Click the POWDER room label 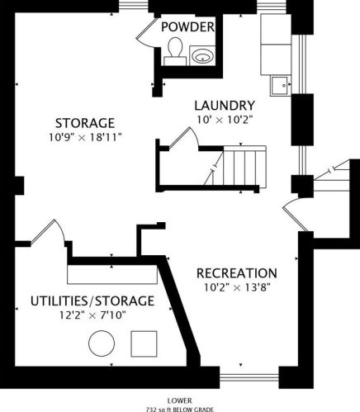coord(187,27)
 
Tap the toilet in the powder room coord(175,51)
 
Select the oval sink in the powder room coord(203,56)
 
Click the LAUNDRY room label coord(225,106)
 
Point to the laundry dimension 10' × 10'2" coord(225,120)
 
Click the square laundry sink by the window coord(281,86)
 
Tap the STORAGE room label coord(85,123)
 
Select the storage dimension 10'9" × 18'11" coord(85,137)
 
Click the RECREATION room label coord(237,273)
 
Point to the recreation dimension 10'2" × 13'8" coord(237,287)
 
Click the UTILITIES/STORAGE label coord(92,301)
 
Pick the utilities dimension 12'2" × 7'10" coord(92,315)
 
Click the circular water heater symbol coord(102,343)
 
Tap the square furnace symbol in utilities coord(144,343)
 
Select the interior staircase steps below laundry coord(244,167)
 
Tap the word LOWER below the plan coord(180,400)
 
